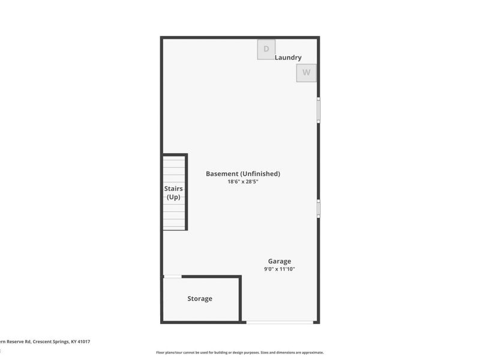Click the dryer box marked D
click(x=266, y=49)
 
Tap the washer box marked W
click(x=306, y=73)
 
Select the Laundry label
click(x=288, y=58)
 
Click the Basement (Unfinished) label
click(x=243, y=173)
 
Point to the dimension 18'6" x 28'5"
click(x=243, y=181)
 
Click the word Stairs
click(x=173, y=188)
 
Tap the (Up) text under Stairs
click(x=173, y=197)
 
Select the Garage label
click(x=280, y=261)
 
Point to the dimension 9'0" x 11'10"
click(x=280, y=269)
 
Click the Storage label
click(x=200, y=298)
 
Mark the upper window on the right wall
click(x=319, y=110)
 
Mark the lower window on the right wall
click(x=319, y=208)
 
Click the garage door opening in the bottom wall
click(x=280, y=322)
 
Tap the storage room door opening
click(x=173, y=276)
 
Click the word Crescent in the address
click(x=43, y=341)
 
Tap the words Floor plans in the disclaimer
click(x=164, y=352)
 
